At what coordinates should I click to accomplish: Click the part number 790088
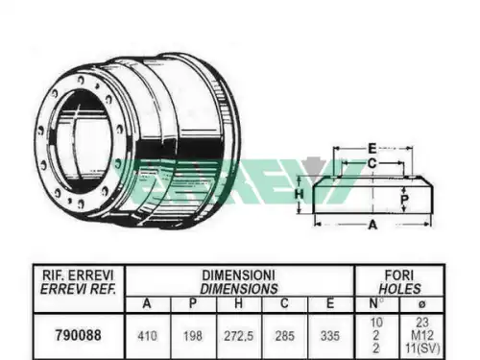[x=78, y=335]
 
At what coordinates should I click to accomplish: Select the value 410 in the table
[x=147, y=336]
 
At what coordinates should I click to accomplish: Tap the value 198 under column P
[x=193, y=336]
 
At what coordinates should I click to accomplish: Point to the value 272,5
[x=238, y=336]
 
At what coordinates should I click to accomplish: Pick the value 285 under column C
[x=284, y=336]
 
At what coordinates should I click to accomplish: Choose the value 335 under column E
[x=330, y=336]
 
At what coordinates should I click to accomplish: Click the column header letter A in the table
[x=147, y=303]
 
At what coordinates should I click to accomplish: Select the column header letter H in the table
[x=238, y=303]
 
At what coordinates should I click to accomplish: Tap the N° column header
[x=376, y=303]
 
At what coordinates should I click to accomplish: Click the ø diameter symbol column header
[x=422, y=304]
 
